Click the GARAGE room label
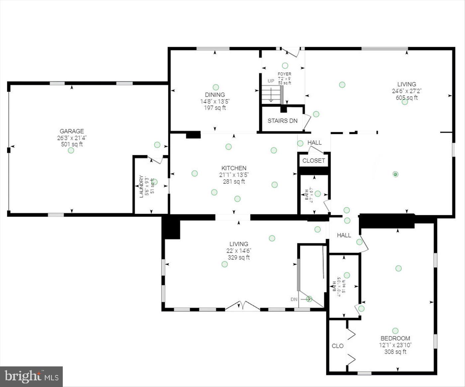point(72,131)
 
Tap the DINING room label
point(215,95)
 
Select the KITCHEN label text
point(234,168)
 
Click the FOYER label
point(285,74)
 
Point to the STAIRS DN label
point(282,121)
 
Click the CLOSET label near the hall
point(314,161)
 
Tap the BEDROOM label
point(395,339)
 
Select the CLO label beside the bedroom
point(337,346)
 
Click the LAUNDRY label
point(141,186)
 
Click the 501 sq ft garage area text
point(72,144)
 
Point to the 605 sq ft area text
point(407,98)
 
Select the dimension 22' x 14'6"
point(239,251)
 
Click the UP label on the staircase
point(271,81)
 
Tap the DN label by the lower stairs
point(294,299)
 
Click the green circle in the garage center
point(71,150)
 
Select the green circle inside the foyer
point(285,65)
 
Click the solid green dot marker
point(395,174)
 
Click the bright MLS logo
point(32,376)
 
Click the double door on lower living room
point(243,306)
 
